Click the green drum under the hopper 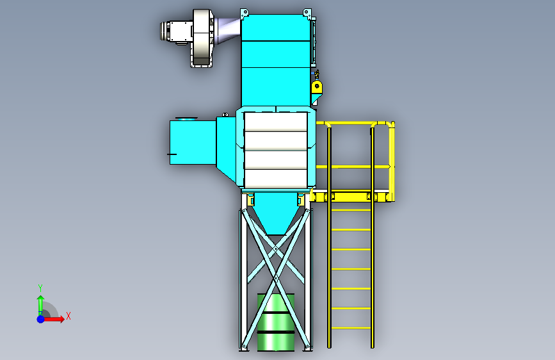tap(276, 322)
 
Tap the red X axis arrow tap(54, 319)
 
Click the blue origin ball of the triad tap(40, 319)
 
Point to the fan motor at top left tap(176, 31)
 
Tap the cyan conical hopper tap(275, 213)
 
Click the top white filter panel tap(276, 122)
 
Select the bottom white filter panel tap(276, 179)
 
